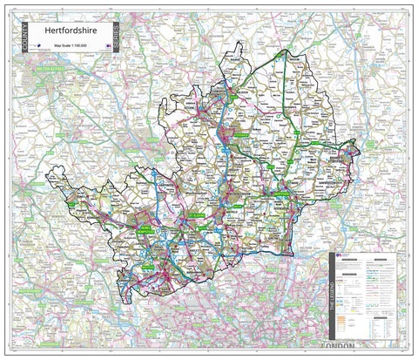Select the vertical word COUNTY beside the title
tap(27, 41)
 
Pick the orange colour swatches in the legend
tap(344, 320)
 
